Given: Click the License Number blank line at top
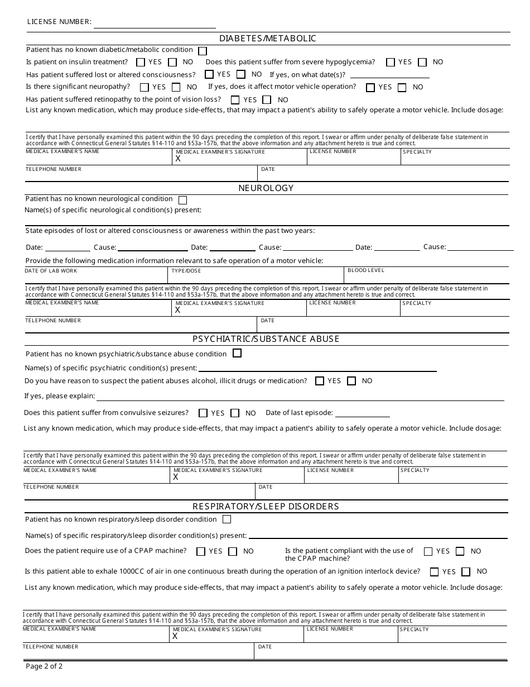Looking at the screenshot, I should (x=155, y=25).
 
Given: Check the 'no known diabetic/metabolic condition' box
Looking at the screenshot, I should (x=203, y=51).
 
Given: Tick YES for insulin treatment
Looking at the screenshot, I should (x=141, y=63).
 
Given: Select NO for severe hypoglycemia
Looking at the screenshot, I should (x=422, y=63).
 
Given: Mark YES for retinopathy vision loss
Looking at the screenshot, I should (x=235, y=100).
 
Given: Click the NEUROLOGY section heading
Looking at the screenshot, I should (x=266, y=188).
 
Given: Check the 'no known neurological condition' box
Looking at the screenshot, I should (x=182, y=200).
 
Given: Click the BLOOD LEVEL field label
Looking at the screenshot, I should (x=365, y=270).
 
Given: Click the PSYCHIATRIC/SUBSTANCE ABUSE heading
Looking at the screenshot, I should (x=266, y=339).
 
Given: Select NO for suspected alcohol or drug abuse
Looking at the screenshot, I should (x=351, y=381).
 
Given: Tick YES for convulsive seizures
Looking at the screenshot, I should (x=203, y=413).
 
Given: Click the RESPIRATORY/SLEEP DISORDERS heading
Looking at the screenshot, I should (x=266, y=507).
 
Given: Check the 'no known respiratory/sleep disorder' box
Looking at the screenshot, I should (x=227, y=519).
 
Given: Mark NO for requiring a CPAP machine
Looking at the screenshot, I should (x=233, y=552).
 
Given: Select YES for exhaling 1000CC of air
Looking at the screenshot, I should (x=434, y=572).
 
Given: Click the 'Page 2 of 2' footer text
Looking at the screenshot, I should (x=44, y=666).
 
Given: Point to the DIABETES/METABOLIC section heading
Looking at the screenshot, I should (x=267, y=39).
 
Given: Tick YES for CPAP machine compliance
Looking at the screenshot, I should (x=428, y=551).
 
